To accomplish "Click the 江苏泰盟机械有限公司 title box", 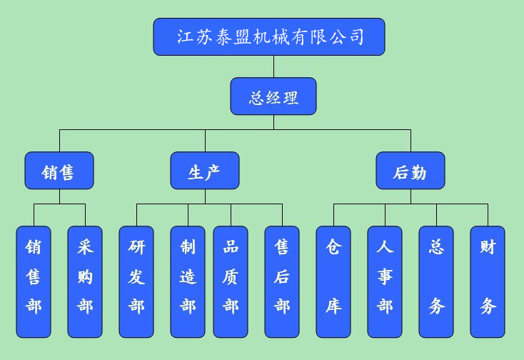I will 269,37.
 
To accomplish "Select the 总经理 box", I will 273,96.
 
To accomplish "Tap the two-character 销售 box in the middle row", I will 59,171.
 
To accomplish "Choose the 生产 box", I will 205,171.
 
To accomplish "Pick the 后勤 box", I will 410,171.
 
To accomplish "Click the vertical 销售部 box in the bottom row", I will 34,281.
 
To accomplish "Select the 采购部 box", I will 85,281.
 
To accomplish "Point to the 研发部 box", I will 136,281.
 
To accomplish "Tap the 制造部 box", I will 188,281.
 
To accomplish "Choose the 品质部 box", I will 231,281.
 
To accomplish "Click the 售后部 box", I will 282,281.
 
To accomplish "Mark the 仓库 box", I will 333,281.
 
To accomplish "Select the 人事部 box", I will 385,281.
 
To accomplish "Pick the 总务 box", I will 436,281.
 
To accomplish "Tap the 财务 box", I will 488,281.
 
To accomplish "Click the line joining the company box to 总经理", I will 273,66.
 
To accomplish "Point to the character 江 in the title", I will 186,37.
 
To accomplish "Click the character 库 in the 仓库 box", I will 333,306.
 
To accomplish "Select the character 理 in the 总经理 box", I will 290,97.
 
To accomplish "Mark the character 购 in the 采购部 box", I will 85,277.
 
